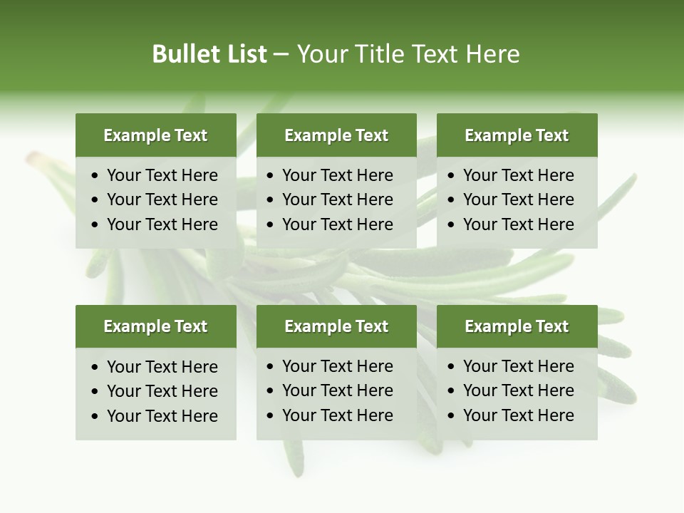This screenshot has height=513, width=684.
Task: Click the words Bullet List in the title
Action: click(x=209, y=54)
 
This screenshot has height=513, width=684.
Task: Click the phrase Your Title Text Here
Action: click(x=408, y=54)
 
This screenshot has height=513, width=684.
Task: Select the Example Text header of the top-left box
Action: click(x=155, y=135)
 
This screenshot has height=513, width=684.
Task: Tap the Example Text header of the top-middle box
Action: click(x=336, y=135)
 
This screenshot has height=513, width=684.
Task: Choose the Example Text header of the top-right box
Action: click(x=517, y=135)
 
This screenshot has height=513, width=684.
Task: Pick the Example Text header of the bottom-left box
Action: click(x=155, y=326)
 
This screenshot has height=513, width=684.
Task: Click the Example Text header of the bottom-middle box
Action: click(x=336, y=326)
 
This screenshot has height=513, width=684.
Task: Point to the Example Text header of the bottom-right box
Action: click(x=517, y=326)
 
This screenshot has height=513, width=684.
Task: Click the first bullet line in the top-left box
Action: click(x=162, y=175)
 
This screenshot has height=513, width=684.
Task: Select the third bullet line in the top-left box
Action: click(x=162, y=224)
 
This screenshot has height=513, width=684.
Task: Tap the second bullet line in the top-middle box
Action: click(x=338, y=199)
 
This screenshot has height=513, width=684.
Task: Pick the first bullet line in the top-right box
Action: click(x=519, y=175)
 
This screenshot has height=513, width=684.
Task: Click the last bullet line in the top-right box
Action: click(x=519, y=224)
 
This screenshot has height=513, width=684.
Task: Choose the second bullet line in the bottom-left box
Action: click(x=162, y=391)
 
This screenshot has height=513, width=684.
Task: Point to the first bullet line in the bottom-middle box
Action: click(x=338, y=366)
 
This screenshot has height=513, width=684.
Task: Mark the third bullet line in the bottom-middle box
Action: click(x=338, y=415)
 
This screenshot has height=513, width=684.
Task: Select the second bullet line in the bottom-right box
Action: click(x=519, y=390)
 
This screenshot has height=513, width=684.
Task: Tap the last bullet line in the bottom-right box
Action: click(x=519, y=415)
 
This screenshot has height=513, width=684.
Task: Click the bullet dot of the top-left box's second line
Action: click(x=95, y=200)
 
